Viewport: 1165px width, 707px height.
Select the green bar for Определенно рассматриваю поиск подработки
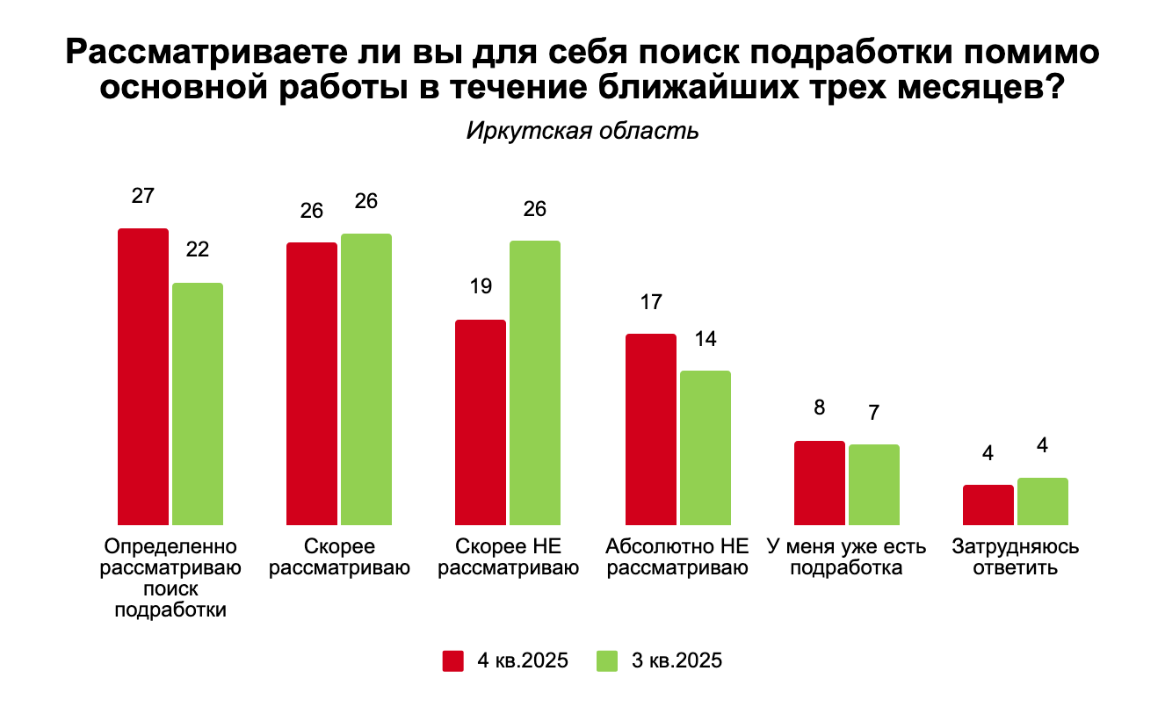pyautogui.click(x=198, y=403)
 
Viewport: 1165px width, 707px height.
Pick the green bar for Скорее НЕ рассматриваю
pyautogui.click(x=534, y=382)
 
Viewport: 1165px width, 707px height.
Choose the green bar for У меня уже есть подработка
pyautogui.click(x=874, y=484)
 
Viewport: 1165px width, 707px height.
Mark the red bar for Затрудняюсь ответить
pyautogui.click(x=988, y=504)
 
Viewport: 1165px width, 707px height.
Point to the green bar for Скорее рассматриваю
pyautogui.click(x=366, y=379)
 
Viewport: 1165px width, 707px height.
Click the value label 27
pyautogui.click(x=143, y=196)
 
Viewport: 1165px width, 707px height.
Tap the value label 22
pyautogui.click(x=198, y=249)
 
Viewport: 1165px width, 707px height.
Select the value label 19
pyautogui.click(x=481, y=286)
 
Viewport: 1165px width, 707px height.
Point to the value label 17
pyautogui.click(x=650, y=301)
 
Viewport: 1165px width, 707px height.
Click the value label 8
pyautogui.click(x=820, y=408)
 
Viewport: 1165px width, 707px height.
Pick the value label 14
pyautogui.click(x=705, y=338)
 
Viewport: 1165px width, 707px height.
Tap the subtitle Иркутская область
pyautogui.click(x=582, y=132)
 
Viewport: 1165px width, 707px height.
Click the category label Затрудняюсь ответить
pyautogui.click(x=1016, y=557)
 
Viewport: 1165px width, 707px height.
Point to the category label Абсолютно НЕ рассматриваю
pyautogui.click(x=677, y=557)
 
